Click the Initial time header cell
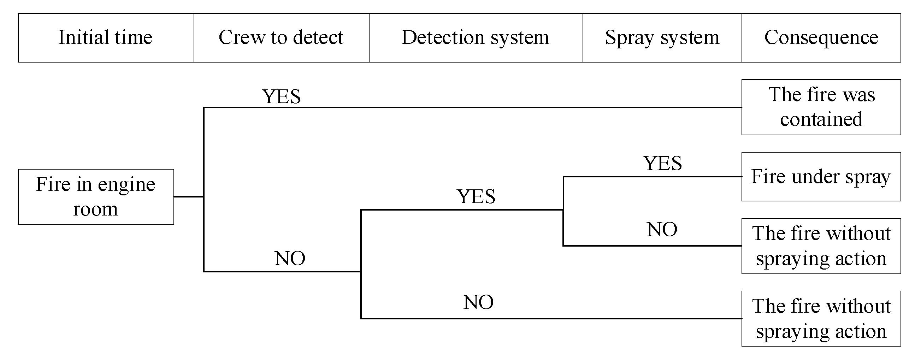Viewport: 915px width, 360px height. [106, 38]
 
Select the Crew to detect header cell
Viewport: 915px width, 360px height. [281, 38]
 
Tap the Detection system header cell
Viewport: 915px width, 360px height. [475, 38]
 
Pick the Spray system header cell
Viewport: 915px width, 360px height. [662, 38]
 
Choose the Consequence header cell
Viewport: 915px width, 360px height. [821, 38]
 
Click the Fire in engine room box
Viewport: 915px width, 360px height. [96, 196]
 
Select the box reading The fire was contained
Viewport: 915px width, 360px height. [821, 107]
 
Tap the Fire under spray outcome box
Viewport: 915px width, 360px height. [821, 177]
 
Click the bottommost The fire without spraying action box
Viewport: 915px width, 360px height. [821, 318]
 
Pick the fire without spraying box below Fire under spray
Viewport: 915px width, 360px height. [821, 246]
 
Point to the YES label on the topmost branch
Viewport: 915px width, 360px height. [281, 96]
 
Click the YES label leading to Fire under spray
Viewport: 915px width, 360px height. [662, 164]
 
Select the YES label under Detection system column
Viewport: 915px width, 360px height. [476, 196]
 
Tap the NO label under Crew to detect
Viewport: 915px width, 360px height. [289, 258]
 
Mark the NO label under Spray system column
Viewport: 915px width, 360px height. [662, 230]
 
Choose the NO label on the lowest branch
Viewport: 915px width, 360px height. [478, 302]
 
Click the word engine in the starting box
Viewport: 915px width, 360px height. [126, 185]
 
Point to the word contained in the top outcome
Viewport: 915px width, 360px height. [821, 119]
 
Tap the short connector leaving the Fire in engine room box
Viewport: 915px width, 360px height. [189, 196]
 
